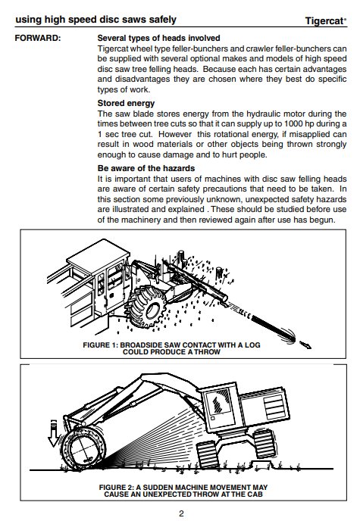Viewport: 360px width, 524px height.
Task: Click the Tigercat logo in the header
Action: [x=326, y=20]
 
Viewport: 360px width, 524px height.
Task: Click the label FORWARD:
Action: [x=38, y=38]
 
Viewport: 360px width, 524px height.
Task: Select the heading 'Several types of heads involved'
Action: [x=158, y=38]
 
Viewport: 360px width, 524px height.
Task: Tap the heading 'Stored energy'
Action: [x=126, y=103]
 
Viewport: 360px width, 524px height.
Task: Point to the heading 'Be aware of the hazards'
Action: [x=146, y=168]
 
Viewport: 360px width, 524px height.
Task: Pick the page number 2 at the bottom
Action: [x=181, y=513]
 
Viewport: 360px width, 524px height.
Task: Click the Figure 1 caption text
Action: [x=171, y=348]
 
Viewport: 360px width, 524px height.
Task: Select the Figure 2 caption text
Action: [x=183, y=491]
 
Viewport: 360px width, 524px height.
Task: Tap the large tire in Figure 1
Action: [x=147, y=306]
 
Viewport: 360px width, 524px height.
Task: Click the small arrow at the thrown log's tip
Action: [x=305, y=345]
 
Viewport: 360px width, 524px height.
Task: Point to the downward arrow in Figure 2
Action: [x=53, y=433]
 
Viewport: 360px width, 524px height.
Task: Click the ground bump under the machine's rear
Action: [x=262, y=464]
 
